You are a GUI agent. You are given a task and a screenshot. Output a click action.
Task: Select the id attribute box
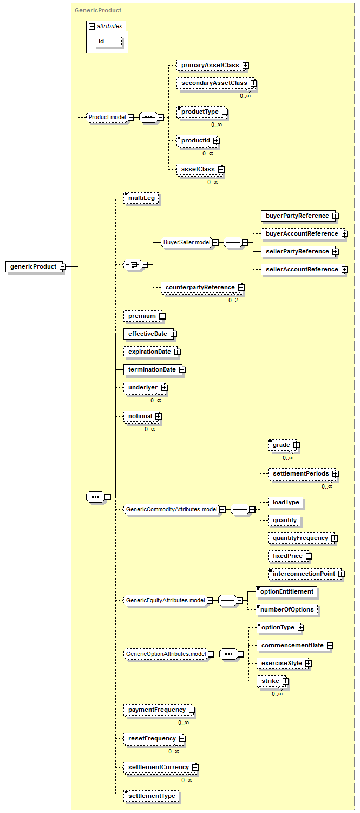[x=108, y=41]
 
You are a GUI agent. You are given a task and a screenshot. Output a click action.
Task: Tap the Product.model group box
[x=107, y=117]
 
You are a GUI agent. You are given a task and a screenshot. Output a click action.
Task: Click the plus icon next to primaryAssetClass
[x=246, y=66]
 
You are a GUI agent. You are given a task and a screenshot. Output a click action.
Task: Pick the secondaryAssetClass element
[x=216, y=83]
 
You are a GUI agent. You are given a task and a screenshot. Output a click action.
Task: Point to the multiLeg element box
[x=141, y=198]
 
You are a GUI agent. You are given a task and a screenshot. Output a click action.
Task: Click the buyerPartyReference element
[x=299, y=216]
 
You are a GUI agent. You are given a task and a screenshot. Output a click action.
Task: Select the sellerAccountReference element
[x=304, y=269]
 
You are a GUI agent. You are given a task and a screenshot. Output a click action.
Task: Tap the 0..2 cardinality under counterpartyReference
[x=233, y=300]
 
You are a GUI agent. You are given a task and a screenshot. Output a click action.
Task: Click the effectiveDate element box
[x=149, y=334]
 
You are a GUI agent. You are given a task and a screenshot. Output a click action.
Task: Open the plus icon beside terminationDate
[x=182, y=369]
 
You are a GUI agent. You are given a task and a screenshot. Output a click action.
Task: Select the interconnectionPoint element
[x=305, y=574]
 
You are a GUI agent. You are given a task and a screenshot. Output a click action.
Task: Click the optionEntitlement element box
[x=286, y=591]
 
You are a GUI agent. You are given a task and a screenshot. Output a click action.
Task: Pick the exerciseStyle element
[x=284, y=663]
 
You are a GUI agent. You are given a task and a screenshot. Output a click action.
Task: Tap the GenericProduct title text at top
[x=98, y=10]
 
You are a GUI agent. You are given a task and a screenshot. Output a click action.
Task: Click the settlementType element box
[x=152, y=796]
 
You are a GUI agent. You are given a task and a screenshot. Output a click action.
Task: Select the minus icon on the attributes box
[x=92, y=27]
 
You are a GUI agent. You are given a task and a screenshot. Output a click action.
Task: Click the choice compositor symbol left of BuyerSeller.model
[x=133, y=264]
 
